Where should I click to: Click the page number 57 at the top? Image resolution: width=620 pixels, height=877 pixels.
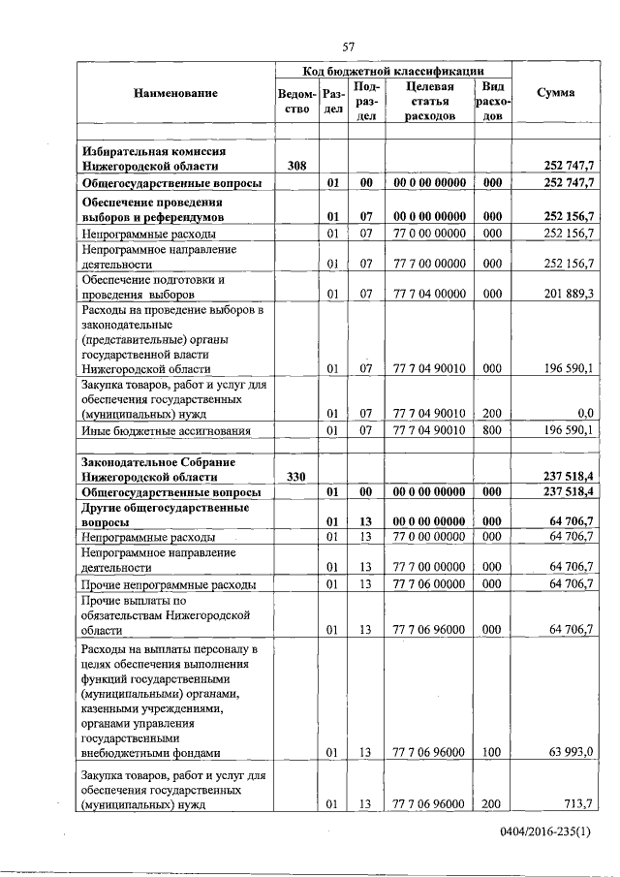351,47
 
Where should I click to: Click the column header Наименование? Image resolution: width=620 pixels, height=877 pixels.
176,93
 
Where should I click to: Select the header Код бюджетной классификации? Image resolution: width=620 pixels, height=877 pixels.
393,71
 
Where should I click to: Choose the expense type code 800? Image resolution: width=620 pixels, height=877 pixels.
492,430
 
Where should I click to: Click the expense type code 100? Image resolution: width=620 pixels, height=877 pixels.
492,752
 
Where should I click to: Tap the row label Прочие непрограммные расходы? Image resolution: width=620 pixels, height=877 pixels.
170,585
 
